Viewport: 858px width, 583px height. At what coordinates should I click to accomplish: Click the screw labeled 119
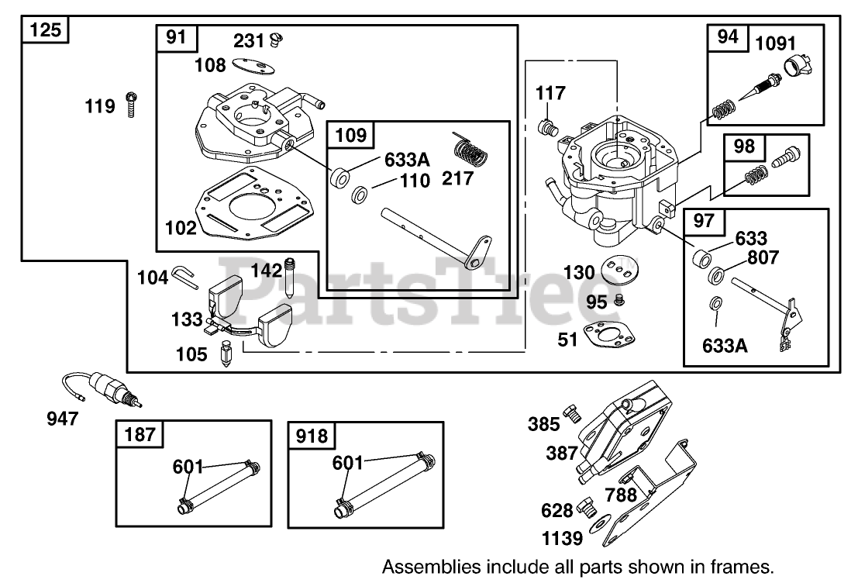point(131,105)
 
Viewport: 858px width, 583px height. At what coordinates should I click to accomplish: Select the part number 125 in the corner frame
point(45,29)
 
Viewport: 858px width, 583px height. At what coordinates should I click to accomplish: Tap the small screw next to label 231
point(277,40)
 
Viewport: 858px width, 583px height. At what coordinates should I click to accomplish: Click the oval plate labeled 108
point(253,66)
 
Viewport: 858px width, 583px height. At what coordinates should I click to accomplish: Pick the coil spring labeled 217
point(470,152)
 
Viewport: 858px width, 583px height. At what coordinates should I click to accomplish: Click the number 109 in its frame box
point(350,135)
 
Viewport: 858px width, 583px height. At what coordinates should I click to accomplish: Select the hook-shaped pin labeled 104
point(186,274)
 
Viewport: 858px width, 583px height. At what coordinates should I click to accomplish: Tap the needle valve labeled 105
point(225,354)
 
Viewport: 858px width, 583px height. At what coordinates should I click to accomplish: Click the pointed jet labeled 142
point(289,277)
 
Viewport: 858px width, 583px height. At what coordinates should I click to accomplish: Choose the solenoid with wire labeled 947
point(102,388)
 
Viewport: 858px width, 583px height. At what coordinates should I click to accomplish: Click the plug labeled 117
point(548,128)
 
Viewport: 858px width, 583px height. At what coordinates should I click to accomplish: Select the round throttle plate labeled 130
point(620,269)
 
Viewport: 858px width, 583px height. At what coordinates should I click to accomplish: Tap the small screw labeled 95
point(619,300)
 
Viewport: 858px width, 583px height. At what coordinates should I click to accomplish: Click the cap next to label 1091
point(798,67)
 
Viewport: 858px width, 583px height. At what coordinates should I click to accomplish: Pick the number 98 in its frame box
point(743,147)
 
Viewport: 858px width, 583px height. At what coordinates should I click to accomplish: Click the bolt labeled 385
point(572,413)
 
